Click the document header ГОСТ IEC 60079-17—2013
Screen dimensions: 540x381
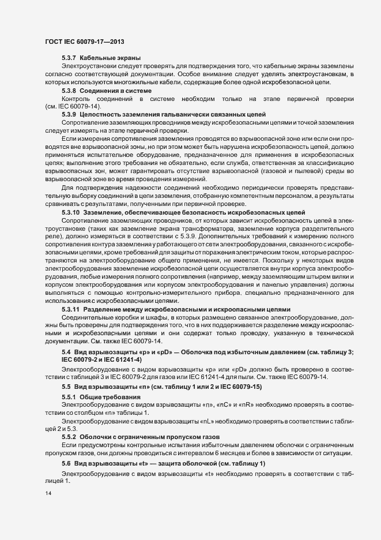(x=84, y=42)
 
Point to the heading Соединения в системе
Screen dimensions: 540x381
(x=115, y=91)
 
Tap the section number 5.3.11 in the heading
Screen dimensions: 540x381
(x=70, y=309)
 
